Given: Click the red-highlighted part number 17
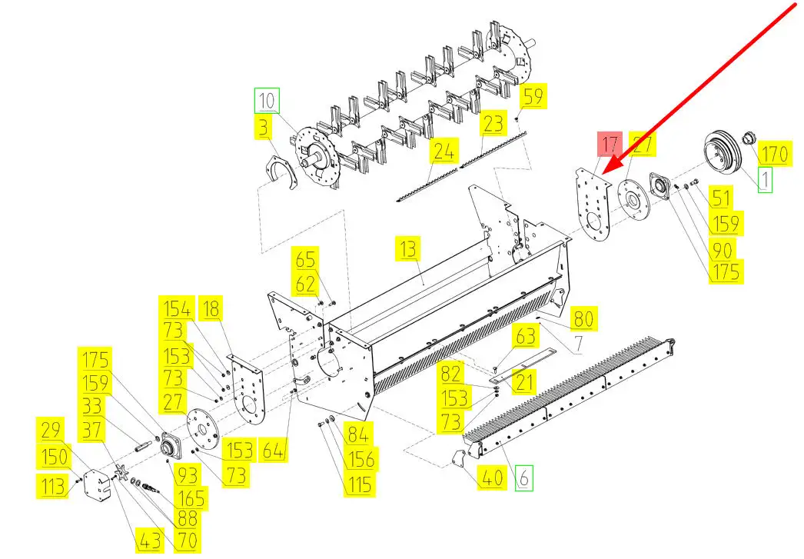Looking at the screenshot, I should point(610,145).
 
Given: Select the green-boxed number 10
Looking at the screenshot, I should point(267,101).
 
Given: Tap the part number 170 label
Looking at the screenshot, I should point(773,155).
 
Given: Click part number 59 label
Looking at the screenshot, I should point(533,97).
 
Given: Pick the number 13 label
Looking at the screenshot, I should point(409,249).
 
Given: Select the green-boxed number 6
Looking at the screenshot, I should point(525,477).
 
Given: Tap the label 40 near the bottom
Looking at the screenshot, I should point(492,477).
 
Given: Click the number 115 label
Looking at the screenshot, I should point(358,484).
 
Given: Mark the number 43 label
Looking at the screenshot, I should point(151,541).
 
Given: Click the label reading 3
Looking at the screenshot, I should point(264,128).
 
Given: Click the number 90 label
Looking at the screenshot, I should point(723,248).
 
